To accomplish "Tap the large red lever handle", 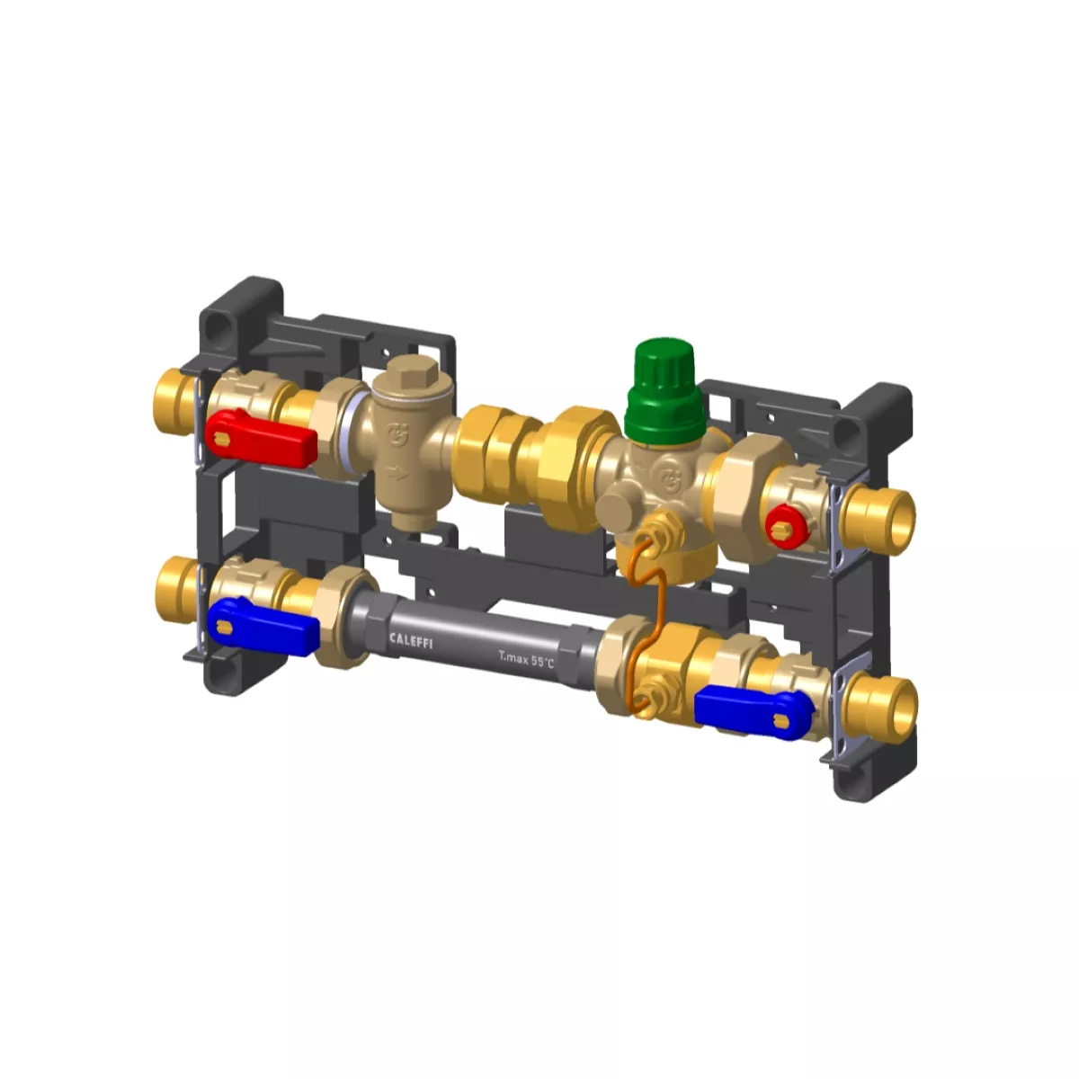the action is pos(261,439).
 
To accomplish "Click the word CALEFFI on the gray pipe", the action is pos(411,640).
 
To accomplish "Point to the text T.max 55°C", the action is pos(526,659).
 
